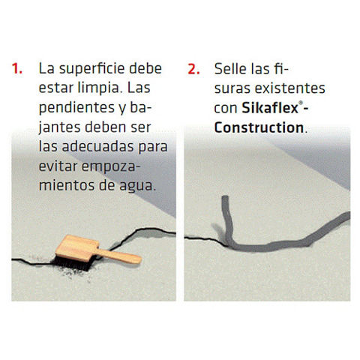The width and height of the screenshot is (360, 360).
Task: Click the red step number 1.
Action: click(16, 68)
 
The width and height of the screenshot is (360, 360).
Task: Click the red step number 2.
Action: click(193, 69)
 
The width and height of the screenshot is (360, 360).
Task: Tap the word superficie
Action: click(91, 69)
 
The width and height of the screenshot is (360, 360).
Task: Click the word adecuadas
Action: click(97, 146)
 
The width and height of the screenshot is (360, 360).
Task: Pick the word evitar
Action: click(58, 166)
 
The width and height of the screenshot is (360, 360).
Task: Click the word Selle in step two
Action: click(230, 69)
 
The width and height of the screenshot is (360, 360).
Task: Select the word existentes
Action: click(290, 88)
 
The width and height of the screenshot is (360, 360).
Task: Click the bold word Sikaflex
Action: click(270, 108)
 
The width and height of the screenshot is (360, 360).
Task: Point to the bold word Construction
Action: click(259, 127)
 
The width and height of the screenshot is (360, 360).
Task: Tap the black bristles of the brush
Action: click(73, 263)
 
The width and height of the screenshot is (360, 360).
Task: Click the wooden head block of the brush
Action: click(76, 247)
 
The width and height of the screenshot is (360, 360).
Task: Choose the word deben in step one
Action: click(102, 127)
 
